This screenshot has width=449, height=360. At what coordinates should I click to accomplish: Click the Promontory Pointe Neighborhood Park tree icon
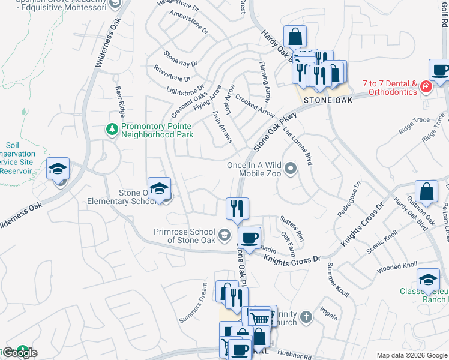coord(112,129)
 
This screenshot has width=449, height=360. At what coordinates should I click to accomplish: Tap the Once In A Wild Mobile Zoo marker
coord(291,169)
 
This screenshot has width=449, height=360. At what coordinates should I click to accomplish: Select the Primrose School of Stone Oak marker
coord(224,234)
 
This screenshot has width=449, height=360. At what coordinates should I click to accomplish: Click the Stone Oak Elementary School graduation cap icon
coord(159,188)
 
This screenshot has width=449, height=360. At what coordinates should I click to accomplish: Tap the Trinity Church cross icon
coord(306,316)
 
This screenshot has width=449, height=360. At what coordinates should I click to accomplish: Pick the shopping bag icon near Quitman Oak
coord(426,192)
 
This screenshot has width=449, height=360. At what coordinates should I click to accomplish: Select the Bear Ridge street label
coord(121,101)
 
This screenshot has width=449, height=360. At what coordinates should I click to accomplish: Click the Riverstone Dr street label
coord(172,74)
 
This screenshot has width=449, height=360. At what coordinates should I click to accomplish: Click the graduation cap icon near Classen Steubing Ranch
coord(429,280)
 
